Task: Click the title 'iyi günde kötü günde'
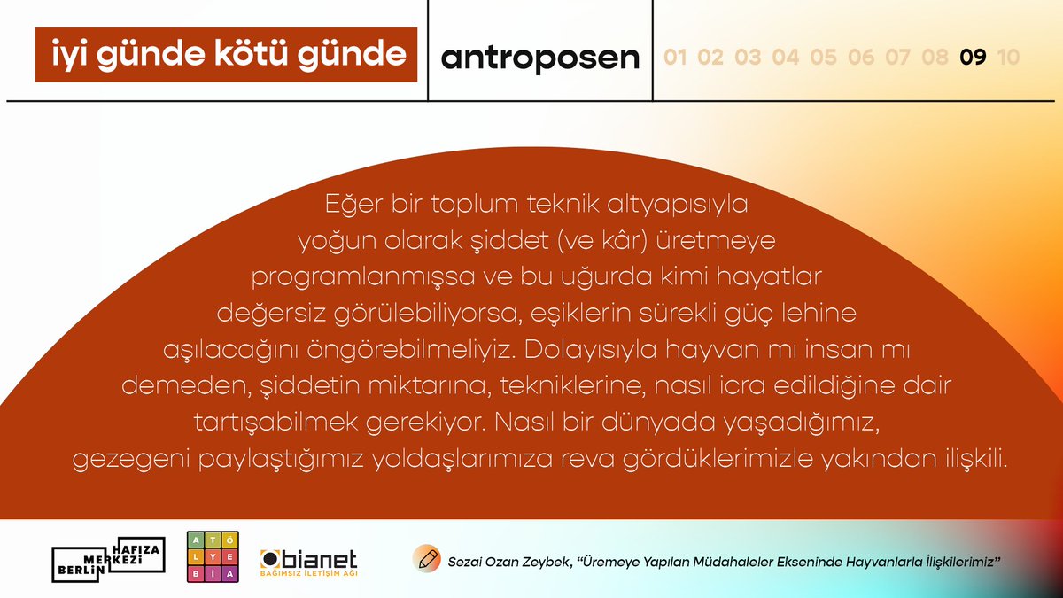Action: click(x=226, y=54)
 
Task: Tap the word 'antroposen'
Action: click(x=539, y=57)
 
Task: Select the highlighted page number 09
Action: click(x=973, y=58)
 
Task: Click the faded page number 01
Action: click(x=676, y=58)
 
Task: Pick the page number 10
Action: click(x=1007, y=58)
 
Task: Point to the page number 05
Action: click(x=823, y=58)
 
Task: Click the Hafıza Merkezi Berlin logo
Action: click(x=109, y=560)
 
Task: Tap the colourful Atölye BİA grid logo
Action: click(x=213, y=559)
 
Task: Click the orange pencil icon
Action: click(x=427, y=559)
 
